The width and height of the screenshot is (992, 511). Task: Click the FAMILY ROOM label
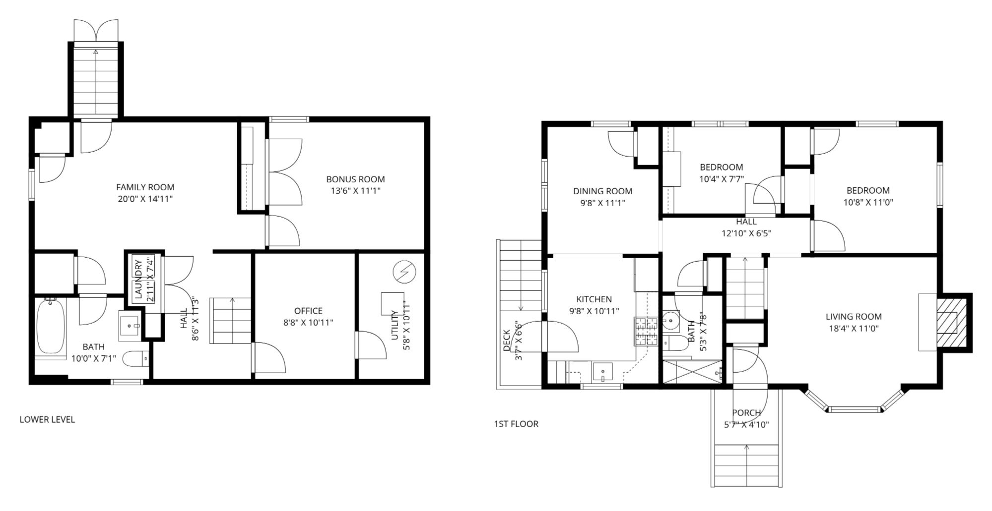(x=145, y=187)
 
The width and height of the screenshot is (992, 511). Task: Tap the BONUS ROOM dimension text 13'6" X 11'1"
(x=355, y=191)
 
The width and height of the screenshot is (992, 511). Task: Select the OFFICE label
(x=308, y=311)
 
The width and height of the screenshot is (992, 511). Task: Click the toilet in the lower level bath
(x=135, y=359)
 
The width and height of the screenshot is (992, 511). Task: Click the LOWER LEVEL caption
(x=47, y=419)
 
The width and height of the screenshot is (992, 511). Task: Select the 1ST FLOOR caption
(x=516, y=424)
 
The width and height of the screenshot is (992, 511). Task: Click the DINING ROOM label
(x=602, y=191)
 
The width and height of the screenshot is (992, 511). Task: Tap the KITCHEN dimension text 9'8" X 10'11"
(x=594, y=311)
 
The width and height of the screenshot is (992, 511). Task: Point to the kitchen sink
(x=602, y=371)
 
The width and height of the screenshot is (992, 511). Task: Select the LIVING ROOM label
(x=854, y=316)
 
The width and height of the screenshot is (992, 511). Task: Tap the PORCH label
(x=746, y=412)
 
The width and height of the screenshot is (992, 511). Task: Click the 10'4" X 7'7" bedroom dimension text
(x=722, y=179)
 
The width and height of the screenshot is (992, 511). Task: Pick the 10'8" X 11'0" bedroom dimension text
(x=868, y=202)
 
